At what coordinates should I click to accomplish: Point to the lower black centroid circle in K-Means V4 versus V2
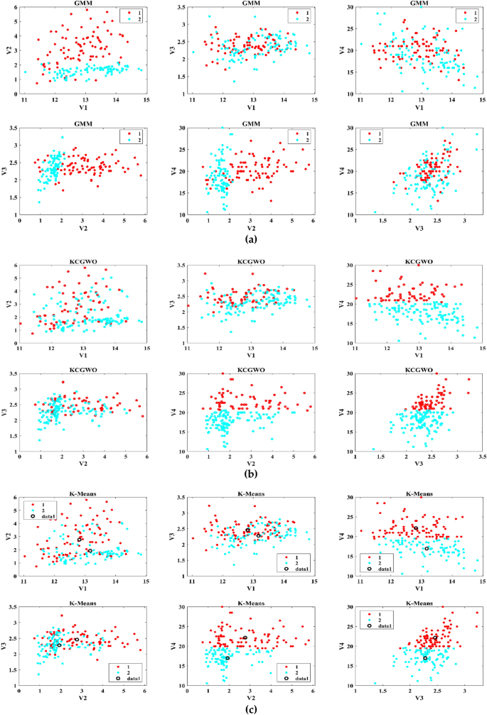click(228, 658)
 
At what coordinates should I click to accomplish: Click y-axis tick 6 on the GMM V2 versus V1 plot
click(16, 8)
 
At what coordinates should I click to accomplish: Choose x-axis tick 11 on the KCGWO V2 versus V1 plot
click(20, 348)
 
